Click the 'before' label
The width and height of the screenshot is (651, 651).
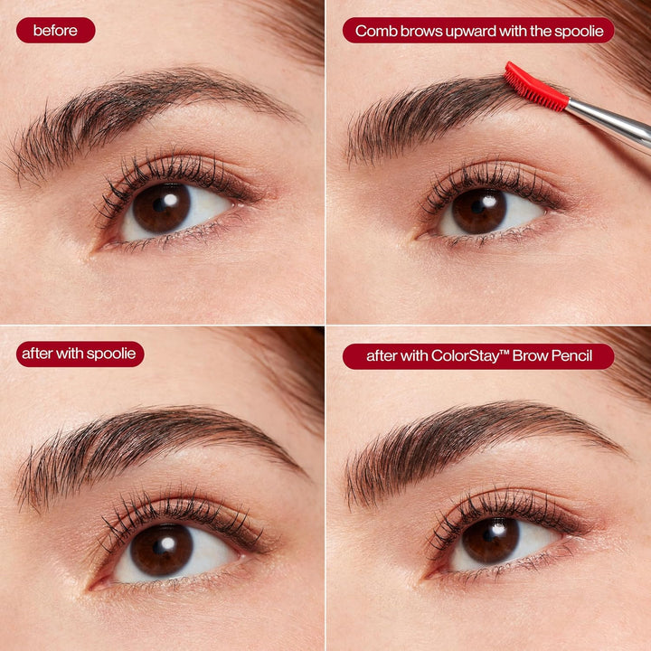(x=55, y=31)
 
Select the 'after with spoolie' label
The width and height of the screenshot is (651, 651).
(x=80, y=354)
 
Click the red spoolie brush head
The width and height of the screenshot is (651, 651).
(x=534, y=87)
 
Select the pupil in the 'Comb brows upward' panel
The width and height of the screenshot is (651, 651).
(x=480, y=210)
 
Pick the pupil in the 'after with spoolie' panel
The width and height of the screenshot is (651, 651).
(x=162, y=550)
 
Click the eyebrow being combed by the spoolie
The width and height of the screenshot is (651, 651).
(x=434, y=118)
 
